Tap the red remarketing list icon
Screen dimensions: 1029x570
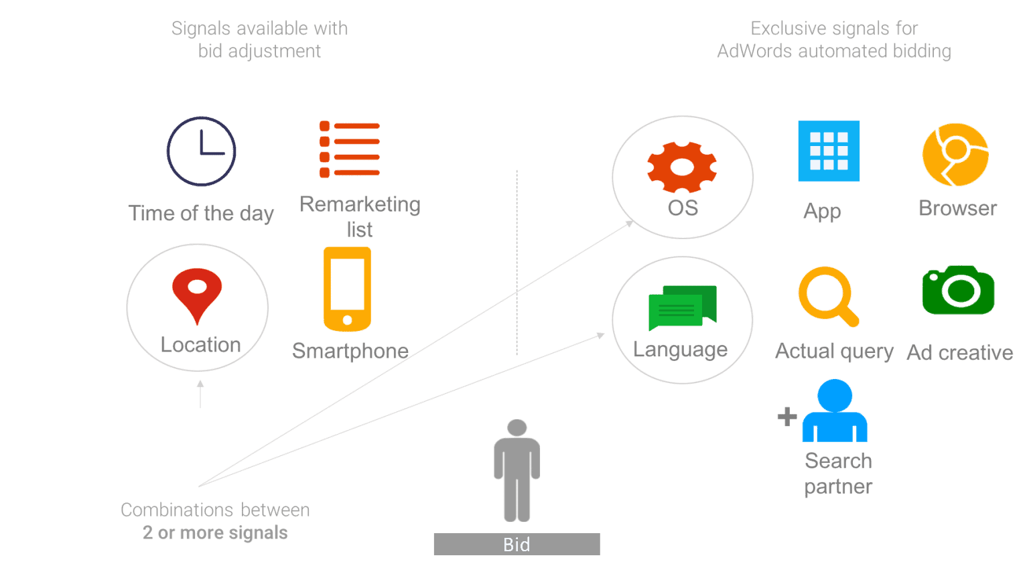(x=350, y=149)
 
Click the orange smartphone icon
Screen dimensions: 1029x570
(x=347, y=289)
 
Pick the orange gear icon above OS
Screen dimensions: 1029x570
(x=682, y=167)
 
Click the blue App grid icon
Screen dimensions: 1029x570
(x=829, y=151)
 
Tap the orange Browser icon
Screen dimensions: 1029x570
(x=955, y=154)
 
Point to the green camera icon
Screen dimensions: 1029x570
(x=958, y=290)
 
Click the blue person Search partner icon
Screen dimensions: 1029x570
(x=835, y=410)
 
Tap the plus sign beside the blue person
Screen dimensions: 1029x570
(x=787, y=417)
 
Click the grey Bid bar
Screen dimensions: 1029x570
(x=517, y=545)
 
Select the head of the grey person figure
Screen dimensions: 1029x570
(x=517, y=427)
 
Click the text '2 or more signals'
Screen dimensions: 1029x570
(x=215, y=532)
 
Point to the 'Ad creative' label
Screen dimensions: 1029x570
(x=960, y=353)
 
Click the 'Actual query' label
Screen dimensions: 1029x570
(x=834, y=352)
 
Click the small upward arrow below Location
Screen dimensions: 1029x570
(x=200, y=394)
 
